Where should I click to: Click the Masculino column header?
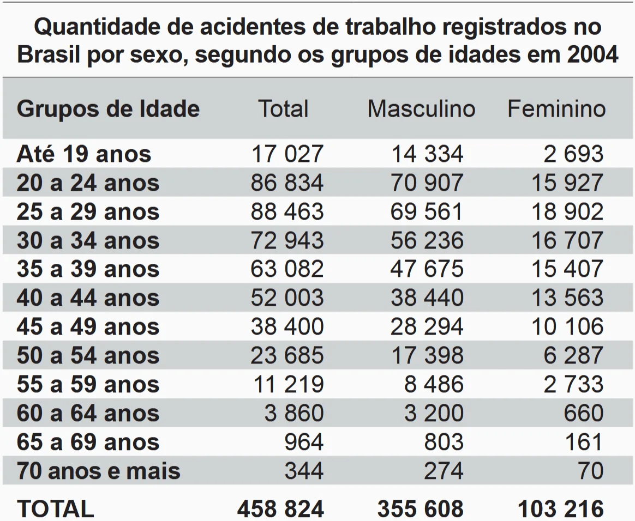(421, 109)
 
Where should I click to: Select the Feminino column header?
(556, 109)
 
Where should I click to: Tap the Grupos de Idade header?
(108, 109)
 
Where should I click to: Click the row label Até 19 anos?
(84, 154)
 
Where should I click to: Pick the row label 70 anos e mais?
(98, 471)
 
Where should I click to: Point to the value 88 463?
(287, 212)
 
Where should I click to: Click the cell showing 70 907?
(427, 183)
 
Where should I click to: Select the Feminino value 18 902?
(567, 212)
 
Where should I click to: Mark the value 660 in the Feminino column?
(584, 414)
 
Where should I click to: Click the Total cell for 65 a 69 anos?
(304, 443)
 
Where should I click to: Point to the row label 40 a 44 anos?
(88, 298)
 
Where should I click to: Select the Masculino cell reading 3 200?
(434, 414)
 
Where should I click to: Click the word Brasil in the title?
(48, 55)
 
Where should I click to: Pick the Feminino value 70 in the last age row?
(591, 471)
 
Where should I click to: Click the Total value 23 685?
(287, 356)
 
